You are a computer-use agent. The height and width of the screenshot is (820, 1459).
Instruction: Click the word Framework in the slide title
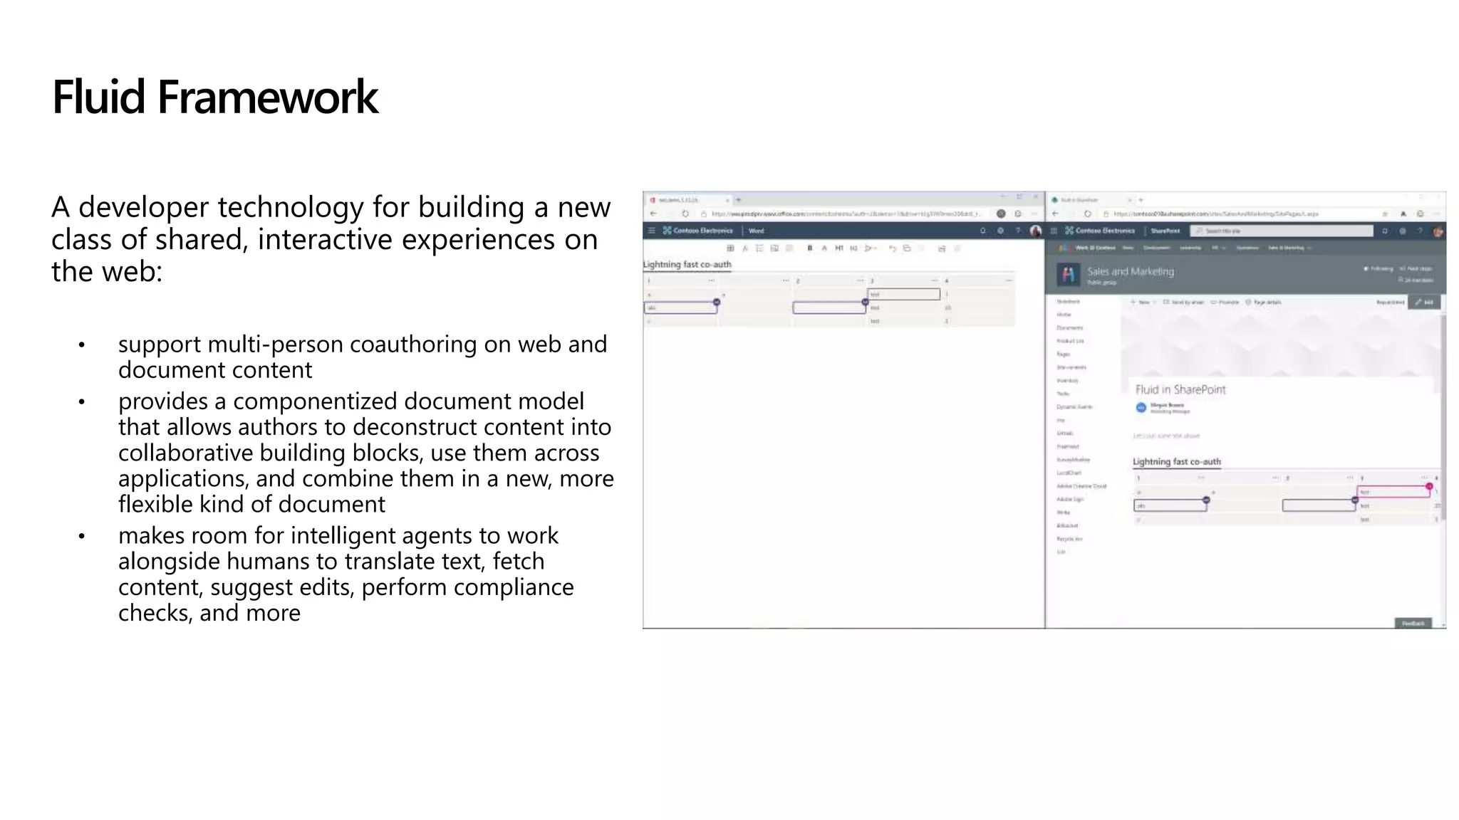point(267,98)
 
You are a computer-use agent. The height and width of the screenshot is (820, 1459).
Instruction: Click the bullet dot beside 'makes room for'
point(82,536)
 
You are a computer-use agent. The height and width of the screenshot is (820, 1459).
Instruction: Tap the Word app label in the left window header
point(756,231)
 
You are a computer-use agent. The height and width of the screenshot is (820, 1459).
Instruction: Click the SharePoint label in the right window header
point(1165,231)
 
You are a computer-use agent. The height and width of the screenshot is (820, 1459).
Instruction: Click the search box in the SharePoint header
point(1282,231)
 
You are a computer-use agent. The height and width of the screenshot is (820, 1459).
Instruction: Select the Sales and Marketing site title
point(1130,271)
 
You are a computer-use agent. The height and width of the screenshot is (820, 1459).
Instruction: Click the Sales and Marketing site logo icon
point(1067,274)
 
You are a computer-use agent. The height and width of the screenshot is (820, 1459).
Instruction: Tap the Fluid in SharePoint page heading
point(1180,389)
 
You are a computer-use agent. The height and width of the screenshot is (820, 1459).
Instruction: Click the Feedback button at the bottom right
point(1413,624)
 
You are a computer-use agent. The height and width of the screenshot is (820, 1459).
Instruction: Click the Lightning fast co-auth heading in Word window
point(687,264)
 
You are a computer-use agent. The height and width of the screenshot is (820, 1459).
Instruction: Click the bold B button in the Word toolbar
point(809,248)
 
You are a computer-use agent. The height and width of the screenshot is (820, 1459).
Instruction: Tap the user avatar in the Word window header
point(1035,231)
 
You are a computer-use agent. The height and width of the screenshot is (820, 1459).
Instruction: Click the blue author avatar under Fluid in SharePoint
point(1141,407)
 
